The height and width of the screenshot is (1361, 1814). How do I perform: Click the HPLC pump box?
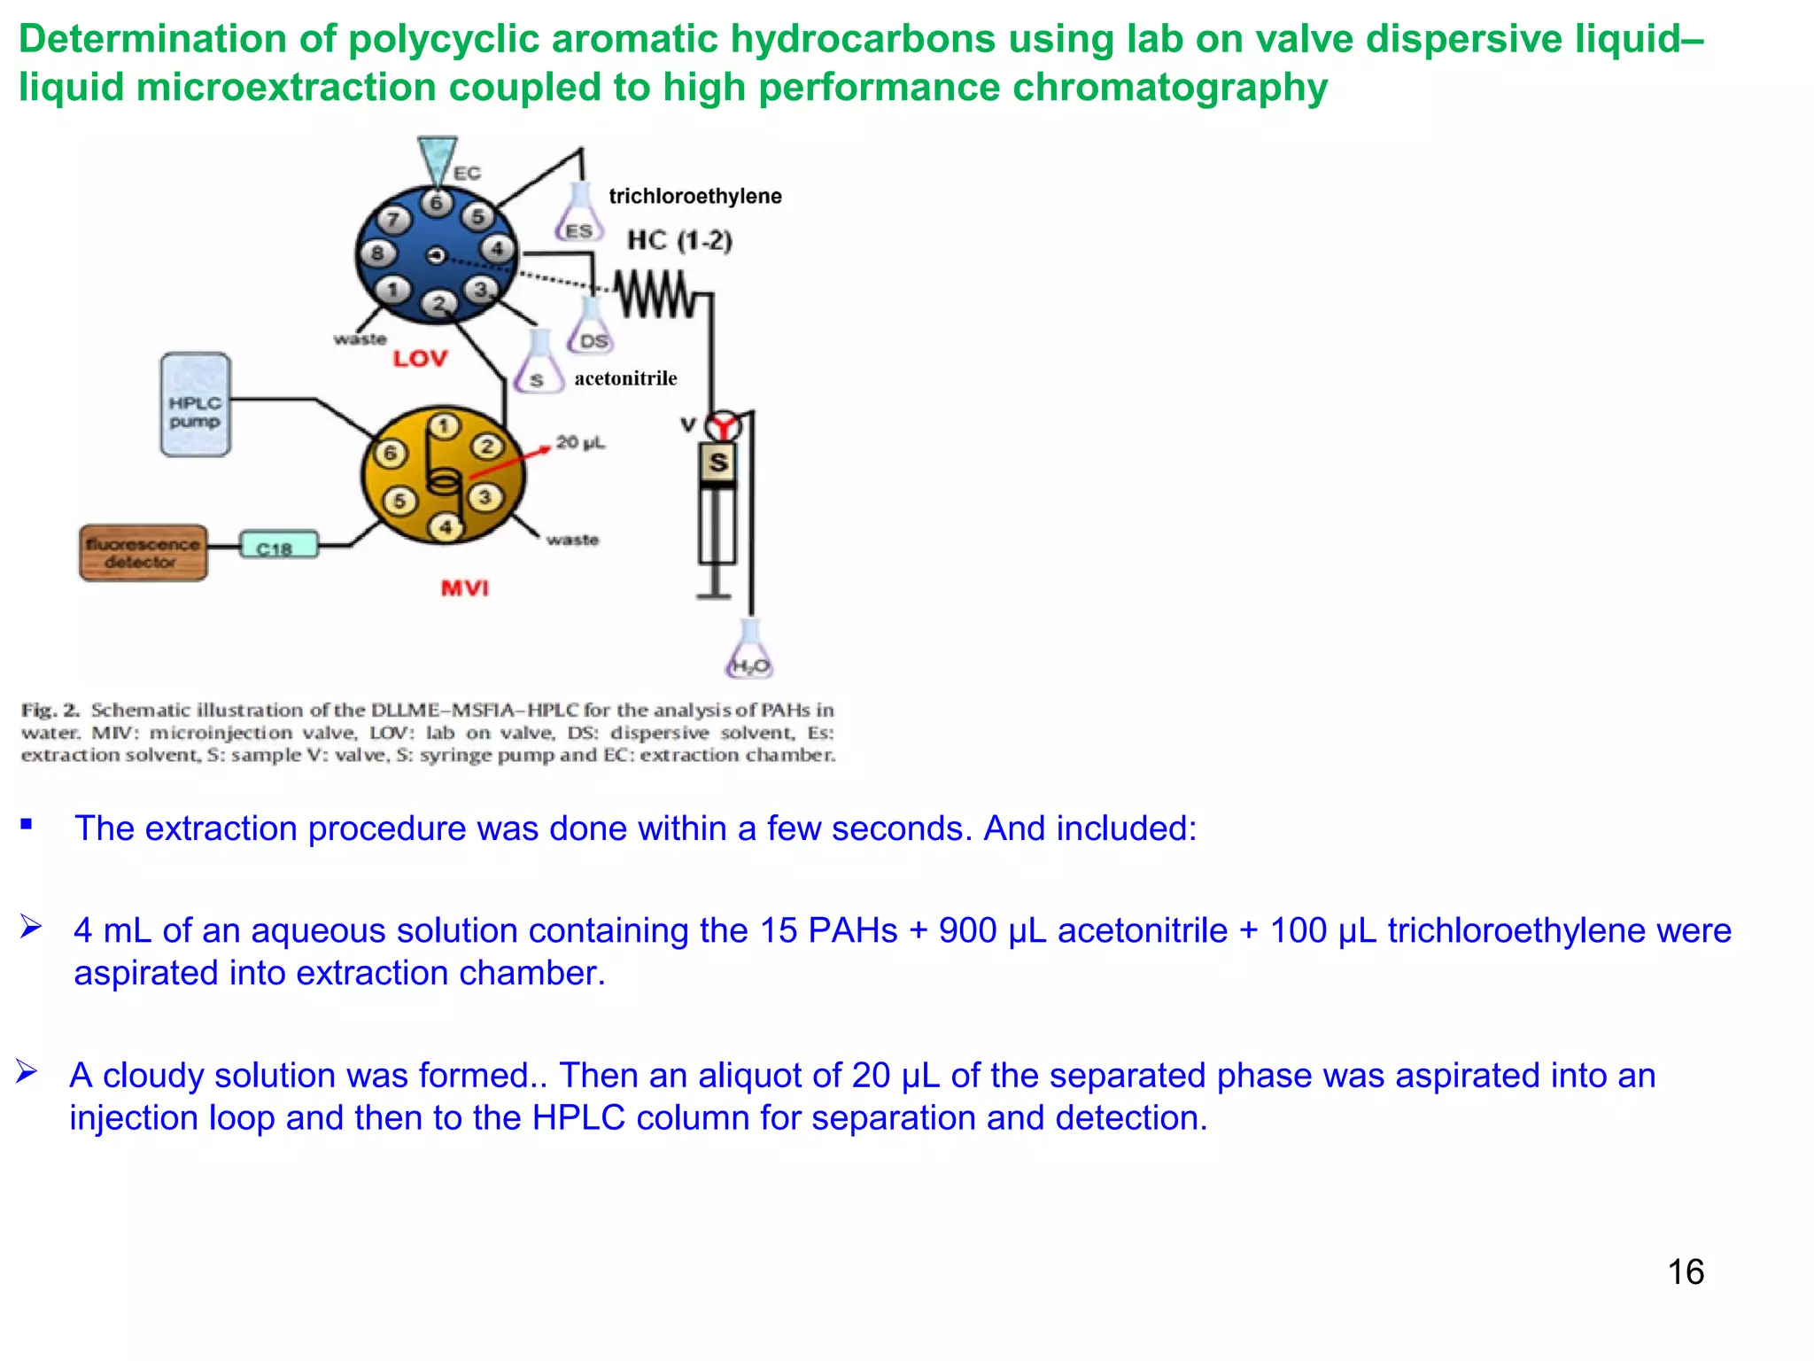pyautogui.click(x=196, y=405)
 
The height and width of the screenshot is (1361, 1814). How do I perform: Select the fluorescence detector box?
pyautogui.click(x=143, y=553)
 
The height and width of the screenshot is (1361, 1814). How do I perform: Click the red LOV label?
pyautogui.click(x=420, y=359)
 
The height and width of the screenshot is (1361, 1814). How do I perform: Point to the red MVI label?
pyautogui.click(x=465, y=588)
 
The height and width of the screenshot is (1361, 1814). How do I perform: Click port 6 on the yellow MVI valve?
pyautogui.click(x=390, y=454)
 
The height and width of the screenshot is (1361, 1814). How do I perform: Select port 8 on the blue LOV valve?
pyautogui.click(x=377, y=253)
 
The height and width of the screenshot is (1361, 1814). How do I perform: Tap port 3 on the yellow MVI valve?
pyautogui.click(x=485, y=497)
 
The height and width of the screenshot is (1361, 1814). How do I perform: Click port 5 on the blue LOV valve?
pyautogui.click(x=477, y=215)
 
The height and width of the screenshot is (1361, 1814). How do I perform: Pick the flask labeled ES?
pyautogui.click(x=579, y=215)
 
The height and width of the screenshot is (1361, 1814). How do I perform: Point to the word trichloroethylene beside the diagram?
pyautogui.click(x=695, y=196)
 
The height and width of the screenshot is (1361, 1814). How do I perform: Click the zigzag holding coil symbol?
pyautogui.click(x=655, y=294)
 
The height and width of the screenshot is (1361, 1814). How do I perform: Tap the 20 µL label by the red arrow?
pyautogui.click(x=580, y=441)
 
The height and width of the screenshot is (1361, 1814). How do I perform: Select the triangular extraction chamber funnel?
pyautogui.click(x=437, y=159)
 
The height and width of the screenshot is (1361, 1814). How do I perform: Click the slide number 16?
pyautogui.click(x=1685, y=1272)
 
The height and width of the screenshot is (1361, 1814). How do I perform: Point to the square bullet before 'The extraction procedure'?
pyautogui.click(x=27, y=825)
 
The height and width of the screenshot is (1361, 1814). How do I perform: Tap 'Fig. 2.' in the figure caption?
pyautogui.click(x=50, y=710)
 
